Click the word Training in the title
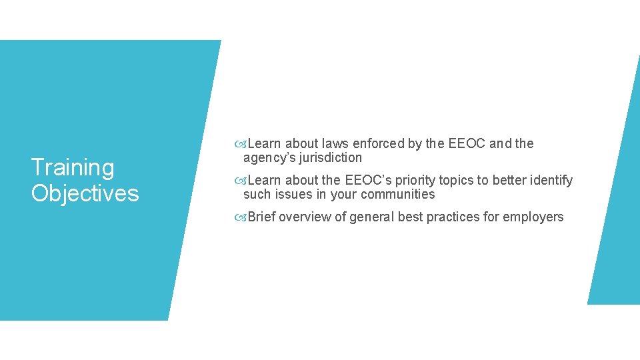(73, 167)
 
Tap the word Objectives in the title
(85, 193)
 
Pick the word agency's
(266, 158)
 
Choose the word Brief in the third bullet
(262, 217)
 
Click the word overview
(304, 217)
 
